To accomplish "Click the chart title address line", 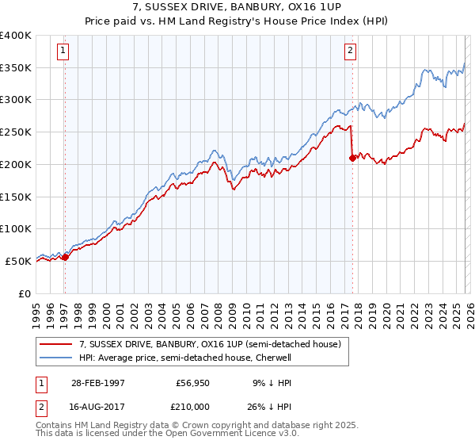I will point(237,6).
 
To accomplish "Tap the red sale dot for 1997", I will point(66,256).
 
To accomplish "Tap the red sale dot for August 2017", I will point(353,158).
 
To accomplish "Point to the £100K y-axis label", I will point(16,228).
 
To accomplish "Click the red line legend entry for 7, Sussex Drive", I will point(210,344).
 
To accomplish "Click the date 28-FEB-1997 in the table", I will point(98,382).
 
